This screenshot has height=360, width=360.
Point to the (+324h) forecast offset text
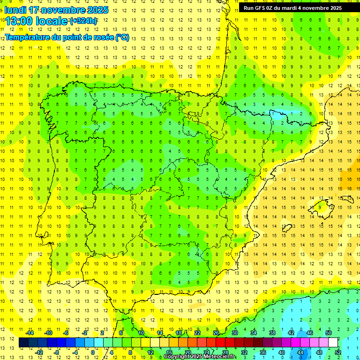click(83, 21)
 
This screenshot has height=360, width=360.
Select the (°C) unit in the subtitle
click(122, 37)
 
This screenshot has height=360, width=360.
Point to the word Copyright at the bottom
click(177, 357)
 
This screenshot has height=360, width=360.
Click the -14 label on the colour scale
click(30, 333)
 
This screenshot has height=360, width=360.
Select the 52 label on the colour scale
click(337, 352)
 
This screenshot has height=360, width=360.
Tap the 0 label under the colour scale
click(93, 352)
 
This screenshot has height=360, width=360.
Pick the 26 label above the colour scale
click(216, 333)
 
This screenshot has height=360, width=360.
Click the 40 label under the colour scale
click(281, 352)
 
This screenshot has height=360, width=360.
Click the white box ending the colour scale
click(333, 343)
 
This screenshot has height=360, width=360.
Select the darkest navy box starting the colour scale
click(23, 343)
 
